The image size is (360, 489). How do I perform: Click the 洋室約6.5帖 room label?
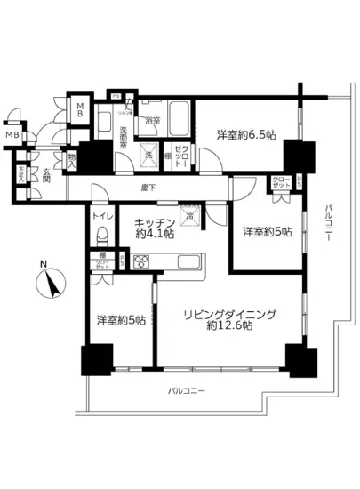(x=245, y=135)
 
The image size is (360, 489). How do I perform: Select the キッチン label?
(x=154, y=222)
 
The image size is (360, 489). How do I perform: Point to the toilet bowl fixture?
(x=101, y=236)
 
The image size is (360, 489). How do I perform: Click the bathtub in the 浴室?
(x=176, y=115)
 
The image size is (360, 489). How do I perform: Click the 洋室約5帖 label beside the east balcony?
(x=267, y=231)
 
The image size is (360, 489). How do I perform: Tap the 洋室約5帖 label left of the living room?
(x=121, y=320)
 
